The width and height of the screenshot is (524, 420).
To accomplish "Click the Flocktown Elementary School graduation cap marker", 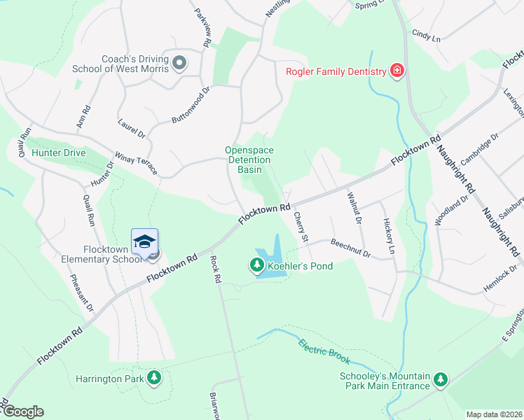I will [145, 241].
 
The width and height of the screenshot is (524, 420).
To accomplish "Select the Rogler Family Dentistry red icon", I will [397, 71].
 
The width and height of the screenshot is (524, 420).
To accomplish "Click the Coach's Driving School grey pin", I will [179, 63].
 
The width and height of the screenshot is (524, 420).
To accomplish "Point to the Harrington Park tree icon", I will [154, 379].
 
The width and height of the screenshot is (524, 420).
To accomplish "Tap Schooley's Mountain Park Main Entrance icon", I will [440, 379].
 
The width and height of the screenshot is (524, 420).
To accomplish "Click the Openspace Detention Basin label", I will [249, 160].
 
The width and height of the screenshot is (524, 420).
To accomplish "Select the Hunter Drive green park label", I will [58, 153].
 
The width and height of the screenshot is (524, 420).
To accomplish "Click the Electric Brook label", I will [324, 351].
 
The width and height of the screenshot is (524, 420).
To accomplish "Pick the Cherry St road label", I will [301, 227].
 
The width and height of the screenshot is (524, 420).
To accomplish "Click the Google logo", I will [23, 412].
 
